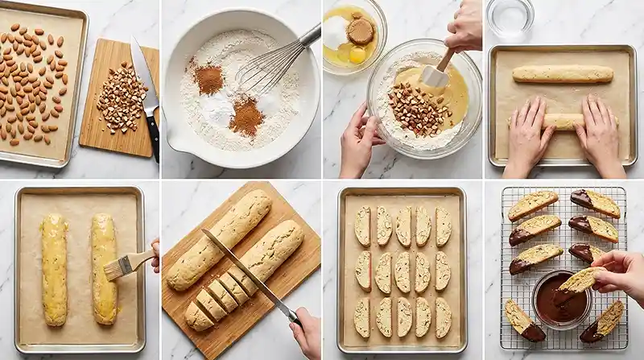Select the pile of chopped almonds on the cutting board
tap(121, 98)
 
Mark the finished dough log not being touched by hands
tap(562, 74)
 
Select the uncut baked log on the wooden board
tap(219, 240)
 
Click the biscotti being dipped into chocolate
tap(578, 280)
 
